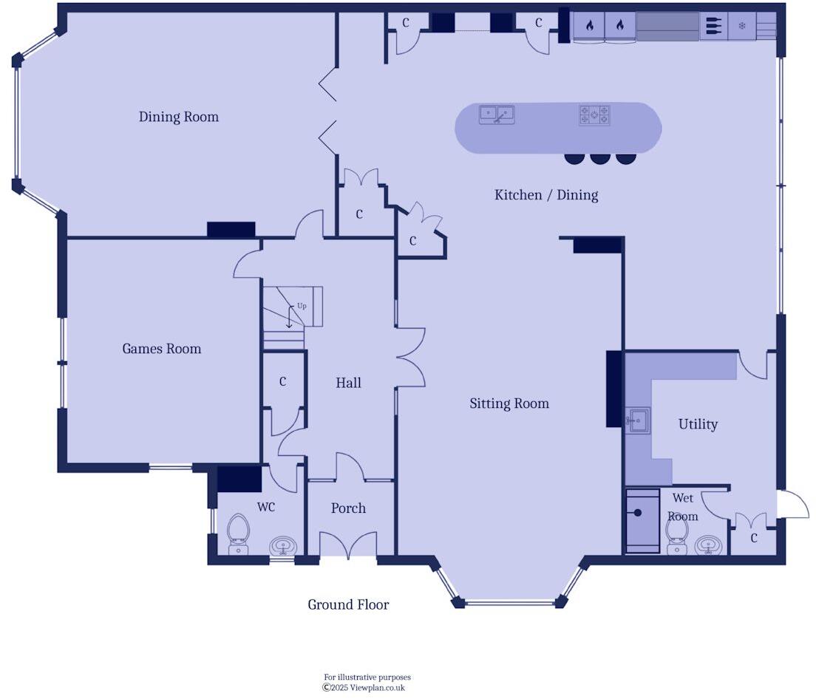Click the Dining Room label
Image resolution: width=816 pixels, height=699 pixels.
(179, 117)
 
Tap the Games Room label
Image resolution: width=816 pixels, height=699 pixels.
(161, 349)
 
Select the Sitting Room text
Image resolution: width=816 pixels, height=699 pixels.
(509, 403)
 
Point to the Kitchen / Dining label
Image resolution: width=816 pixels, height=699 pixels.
(545, 195)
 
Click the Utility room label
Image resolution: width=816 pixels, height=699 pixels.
(698, 424)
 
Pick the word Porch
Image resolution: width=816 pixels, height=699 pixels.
(348, 508)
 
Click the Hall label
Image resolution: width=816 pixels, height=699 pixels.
(348, 383)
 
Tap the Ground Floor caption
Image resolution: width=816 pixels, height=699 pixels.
(348, 604)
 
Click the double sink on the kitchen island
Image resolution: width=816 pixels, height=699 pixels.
(497, 115)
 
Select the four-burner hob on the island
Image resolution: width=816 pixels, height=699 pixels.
(594, 115)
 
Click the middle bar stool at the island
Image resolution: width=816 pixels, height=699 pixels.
(599, 157)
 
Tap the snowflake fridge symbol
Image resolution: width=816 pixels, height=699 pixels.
(742, 26)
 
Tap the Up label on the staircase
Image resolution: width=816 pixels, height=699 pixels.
(302, 305)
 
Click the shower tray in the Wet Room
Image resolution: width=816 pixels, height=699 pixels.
(642, 520)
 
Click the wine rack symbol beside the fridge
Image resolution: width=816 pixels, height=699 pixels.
(713, 26)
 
